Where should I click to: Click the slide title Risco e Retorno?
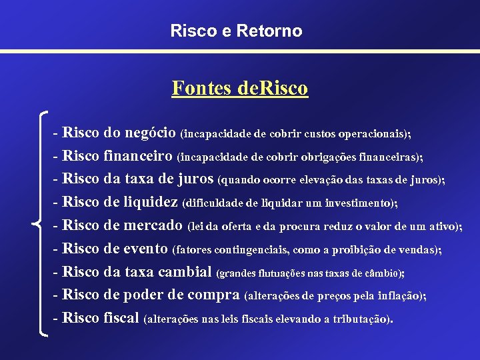[x=236, y=31]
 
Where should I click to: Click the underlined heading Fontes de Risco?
[x=240, y=89]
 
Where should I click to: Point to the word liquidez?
[x=151, y=202]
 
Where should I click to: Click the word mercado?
[x=153, y=225]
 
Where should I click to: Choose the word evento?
[x=146, y=249]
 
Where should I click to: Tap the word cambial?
[x=185, y=271]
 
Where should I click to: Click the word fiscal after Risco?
[x=122, y=318]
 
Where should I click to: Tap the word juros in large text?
[x=196, y=179]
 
